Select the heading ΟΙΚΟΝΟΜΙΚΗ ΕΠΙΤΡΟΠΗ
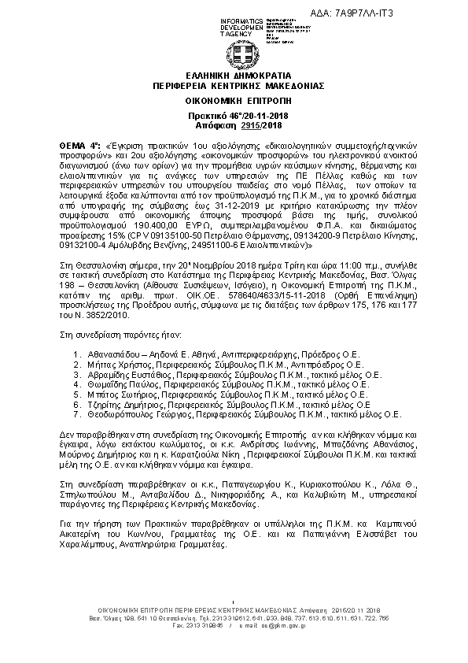tap(234, 102)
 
